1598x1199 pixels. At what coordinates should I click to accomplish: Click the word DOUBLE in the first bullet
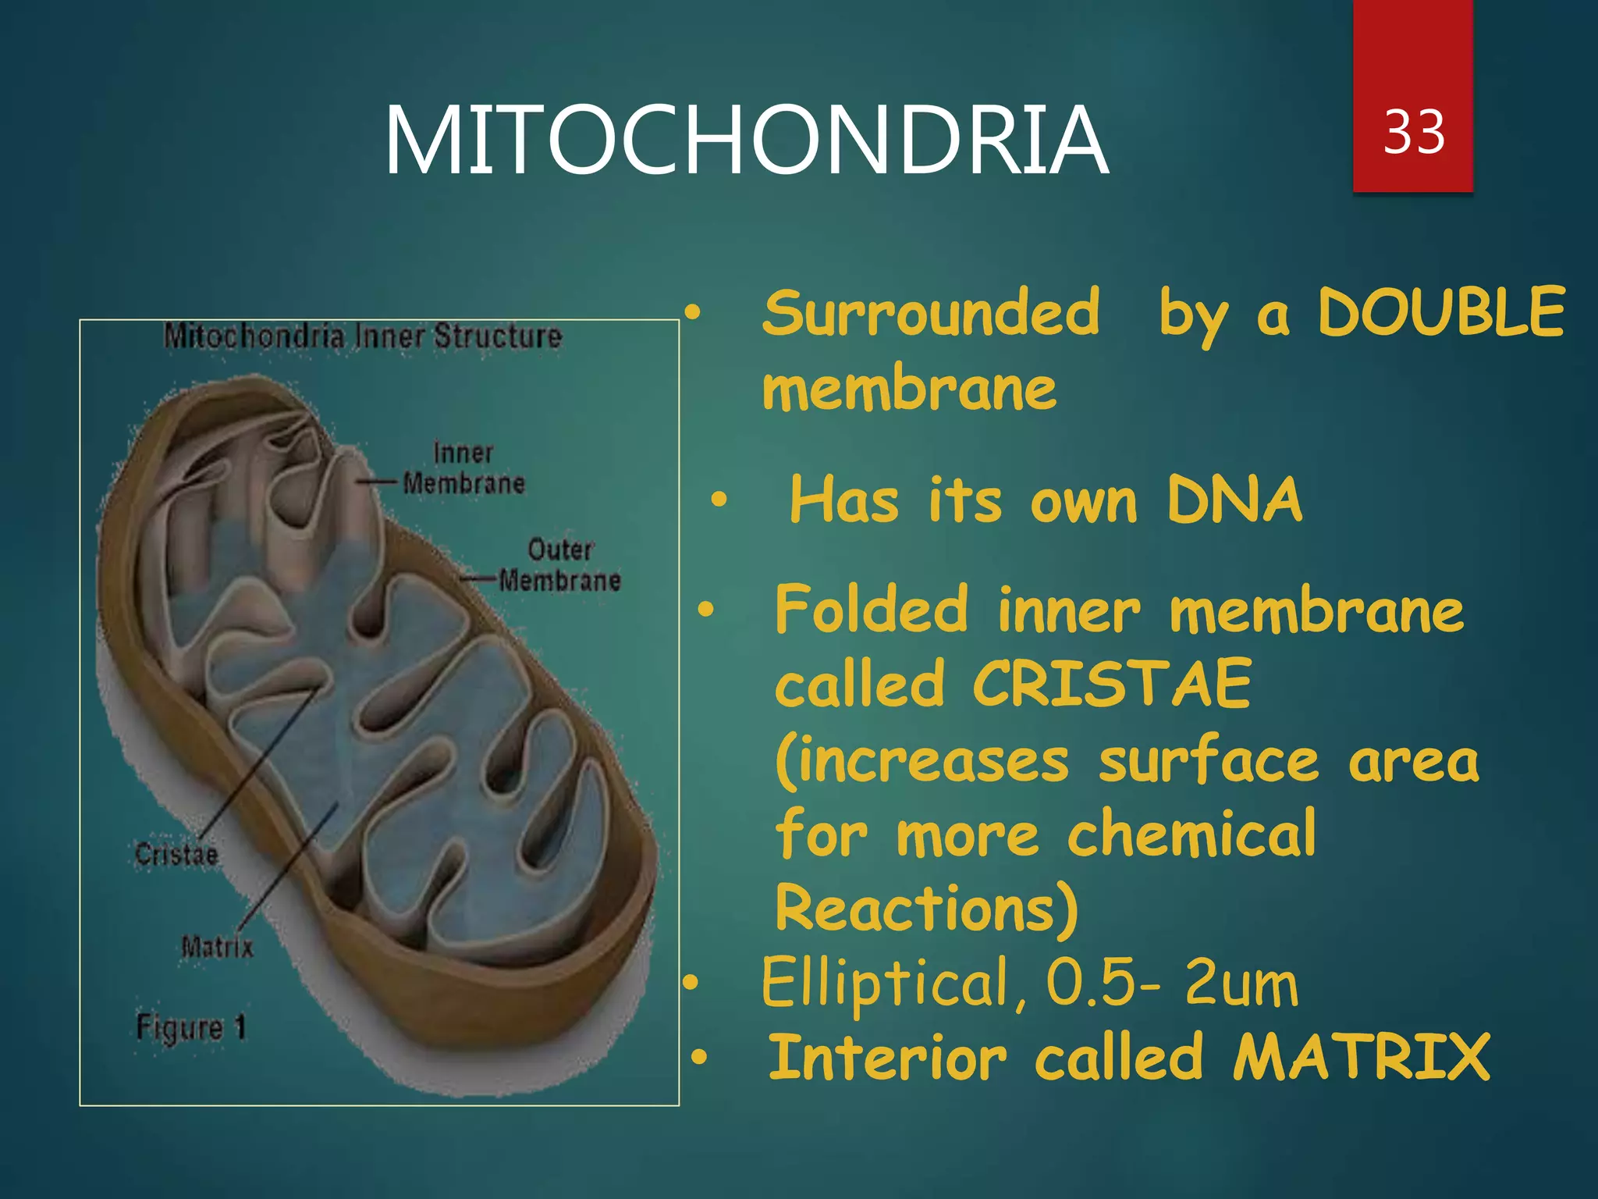coord(1440,312)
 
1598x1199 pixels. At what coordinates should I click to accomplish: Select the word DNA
coord(1234,500)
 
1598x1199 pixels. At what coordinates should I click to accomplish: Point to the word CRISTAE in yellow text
coord(1112,684)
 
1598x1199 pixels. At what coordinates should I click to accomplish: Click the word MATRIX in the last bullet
coord(1362,1058)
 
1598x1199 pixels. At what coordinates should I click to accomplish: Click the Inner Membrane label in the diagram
coord(463,468)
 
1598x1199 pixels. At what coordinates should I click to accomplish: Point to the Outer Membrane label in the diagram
coord(560,565)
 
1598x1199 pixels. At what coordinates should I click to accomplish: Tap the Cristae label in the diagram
coord(176,854)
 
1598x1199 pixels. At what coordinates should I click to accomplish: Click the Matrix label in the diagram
coord(217,947)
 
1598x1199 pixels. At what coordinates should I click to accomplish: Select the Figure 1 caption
coord(191,1026)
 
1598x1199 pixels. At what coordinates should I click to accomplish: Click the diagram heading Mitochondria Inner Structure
coord(363,336)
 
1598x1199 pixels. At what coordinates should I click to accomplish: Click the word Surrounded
coord(931,312)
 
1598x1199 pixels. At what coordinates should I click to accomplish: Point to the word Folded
coord(871,610)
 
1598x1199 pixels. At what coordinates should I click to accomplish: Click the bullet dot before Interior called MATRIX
coord(699,1058)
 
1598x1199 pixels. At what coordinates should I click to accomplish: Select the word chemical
coord(1191,834)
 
